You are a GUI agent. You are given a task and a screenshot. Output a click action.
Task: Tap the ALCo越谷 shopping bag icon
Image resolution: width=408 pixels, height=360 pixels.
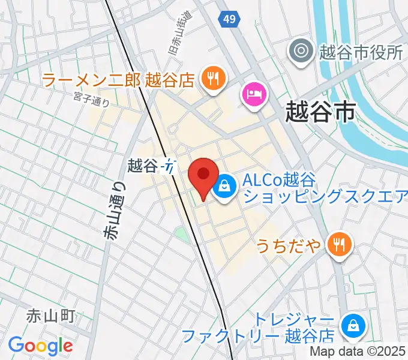pyautogui.click(x=224, y=186)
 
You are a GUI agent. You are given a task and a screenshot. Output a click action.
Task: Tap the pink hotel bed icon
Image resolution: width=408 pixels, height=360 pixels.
pyautogui.click(x=254, y=94)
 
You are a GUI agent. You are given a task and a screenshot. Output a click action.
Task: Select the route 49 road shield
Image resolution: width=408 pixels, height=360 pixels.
pyautogui.click(x=227, y=20)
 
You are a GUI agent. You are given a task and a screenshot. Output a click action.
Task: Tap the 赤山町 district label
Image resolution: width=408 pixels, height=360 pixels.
pyautogui.click(x=50, y=316)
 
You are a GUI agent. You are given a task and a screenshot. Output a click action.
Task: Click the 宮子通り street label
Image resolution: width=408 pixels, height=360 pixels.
pyautogui.click(x=91, y=98)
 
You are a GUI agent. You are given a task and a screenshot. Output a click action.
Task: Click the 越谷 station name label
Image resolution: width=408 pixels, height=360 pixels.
pyautogui.click(x=142, y=163)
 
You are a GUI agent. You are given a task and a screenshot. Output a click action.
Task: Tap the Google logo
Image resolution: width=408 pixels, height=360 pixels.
pyautogui.click(x=40, y=346)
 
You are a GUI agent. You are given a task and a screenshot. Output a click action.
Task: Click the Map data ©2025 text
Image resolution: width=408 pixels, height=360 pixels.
pyautogui.click(x=358, y=352)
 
